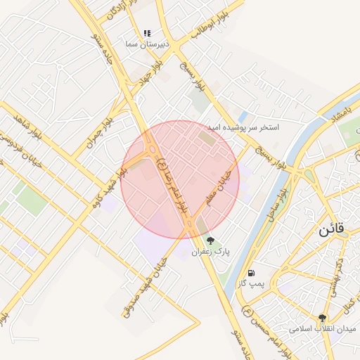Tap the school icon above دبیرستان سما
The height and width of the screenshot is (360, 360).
[x=147, y=33]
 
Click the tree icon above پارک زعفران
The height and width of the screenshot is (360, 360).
[x=210, y=240]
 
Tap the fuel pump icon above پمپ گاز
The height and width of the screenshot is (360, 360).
[x=251, y=272]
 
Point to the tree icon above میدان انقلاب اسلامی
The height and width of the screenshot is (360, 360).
[x=322, y=318]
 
